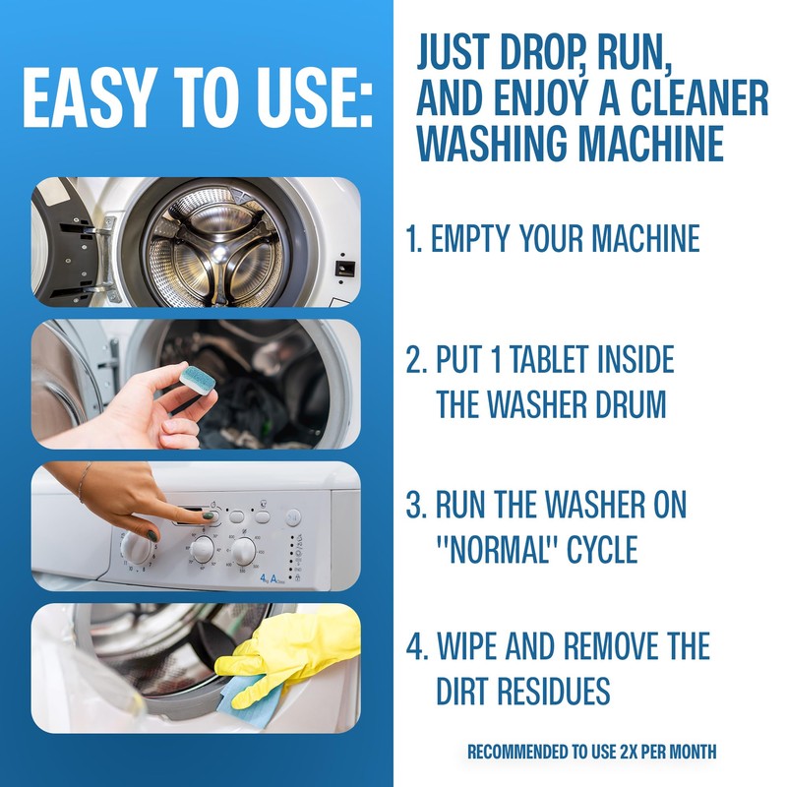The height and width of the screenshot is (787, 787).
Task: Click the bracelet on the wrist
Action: pyautogui.click(x=88, y=481)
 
